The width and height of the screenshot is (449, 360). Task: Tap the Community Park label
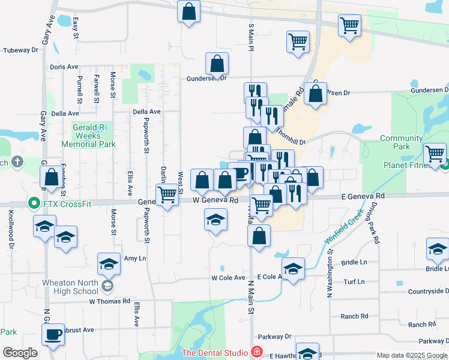(x=402, y=142)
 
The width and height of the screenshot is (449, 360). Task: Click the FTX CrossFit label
(x=67, y=204)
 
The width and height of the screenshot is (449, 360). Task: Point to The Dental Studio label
(x=215, y=352)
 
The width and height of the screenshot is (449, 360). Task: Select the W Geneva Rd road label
(x=215, y=200)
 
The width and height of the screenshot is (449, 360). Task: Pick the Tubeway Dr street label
(x=20, y=50)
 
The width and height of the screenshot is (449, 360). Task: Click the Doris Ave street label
(x=64, y=67)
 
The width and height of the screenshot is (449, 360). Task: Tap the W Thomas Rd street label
(x=109, y=301)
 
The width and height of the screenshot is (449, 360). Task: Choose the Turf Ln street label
(x=354, y=281)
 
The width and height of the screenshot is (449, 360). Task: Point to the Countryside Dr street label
(x=429, y=292)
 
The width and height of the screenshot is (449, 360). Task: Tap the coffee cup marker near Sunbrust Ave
(x=53, y=334)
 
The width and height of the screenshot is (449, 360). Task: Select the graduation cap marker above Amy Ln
(x=109, y=263)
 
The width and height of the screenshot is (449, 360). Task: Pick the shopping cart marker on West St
(x=167, y=194)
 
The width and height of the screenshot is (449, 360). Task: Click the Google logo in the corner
(x=20, y=353)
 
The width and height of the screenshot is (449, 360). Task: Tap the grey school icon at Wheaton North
(x=107, y=286)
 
